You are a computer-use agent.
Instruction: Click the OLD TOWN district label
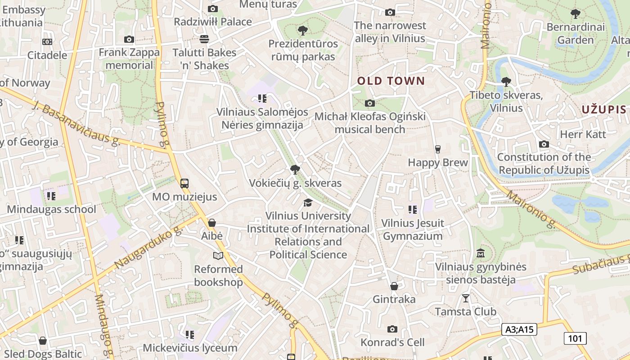(x=391, y=81)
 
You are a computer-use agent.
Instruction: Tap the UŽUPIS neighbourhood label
(x=603, y=109)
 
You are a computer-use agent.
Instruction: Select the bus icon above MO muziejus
(x=184, y=183)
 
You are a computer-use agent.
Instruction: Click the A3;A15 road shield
(x=519, y=329)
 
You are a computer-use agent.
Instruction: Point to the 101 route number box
(x=575, y=338)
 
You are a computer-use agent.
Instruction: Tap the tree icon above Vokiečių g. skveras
(x=295, y=170)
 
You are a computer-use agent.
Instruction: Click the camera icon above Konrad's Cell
(x=392, y=329)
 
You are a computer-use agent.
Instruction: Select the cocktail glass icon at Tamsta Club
(x=465, y=298)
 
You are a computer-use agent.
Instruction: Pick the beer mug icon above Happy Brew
(x=437, y=149)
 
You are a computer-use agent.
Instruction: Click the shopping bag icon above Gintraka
(x=394, y=286)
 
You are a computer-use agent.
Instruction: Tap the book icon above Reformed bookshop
(x=218, y=256)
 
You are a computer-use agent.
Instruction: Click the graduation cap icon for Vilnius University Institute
(x=308, y=202)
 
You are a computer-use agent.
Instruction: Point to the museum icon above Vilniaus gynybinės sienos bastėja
(x=480, y=253)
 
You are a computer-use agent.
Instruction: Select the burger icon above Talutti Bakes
(x=204, y=39)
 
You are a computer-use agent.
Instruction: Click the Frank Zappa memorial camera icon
(x=129, y=39)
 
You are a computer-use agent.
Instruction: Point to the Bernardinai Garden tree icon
(x=575, y=13)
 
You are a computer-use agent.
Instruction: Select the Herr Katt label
(x=583, y=134)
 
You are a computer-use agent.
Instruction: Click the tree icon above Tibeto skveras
(x=506, y=81)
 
